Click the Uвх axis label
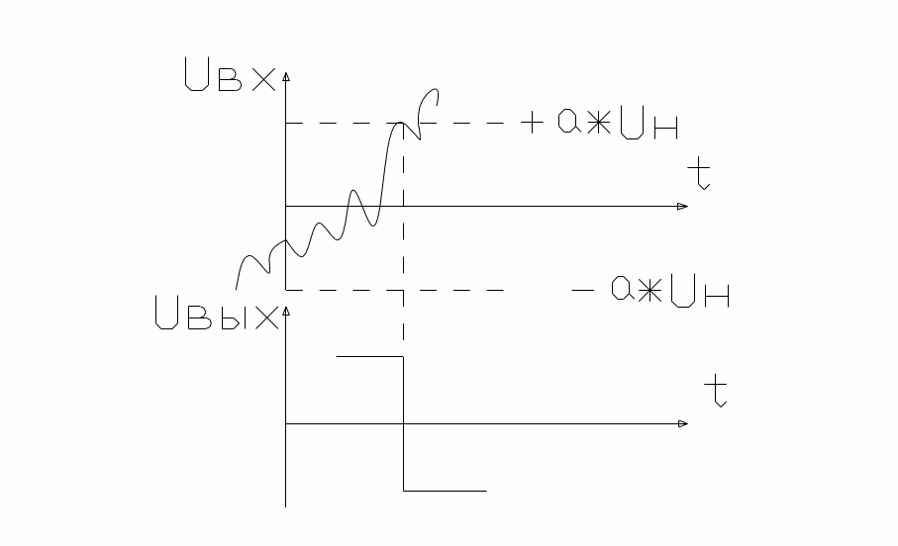coord(230,76)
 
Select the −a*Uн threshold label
coord(652,291)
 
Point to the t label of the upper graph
coord(700,174)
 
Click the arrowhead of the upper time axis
coord(682,206)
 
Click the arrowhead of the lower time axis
coord(682,423)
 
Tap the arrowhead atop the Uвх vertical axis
coord(286,77)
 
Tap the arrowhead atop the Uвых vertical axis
coord(286,311)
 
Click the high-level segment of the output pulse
coord(369,355)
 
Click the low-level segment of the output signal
coord(445,490)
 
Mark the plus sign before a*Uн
coord(533,123)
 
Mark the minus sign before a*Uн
coord(583,291)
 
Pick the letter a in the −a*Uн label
coord(622,291)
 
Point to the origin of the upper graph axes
coord(286,206)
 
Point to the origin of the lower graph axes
coord(286,423)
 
